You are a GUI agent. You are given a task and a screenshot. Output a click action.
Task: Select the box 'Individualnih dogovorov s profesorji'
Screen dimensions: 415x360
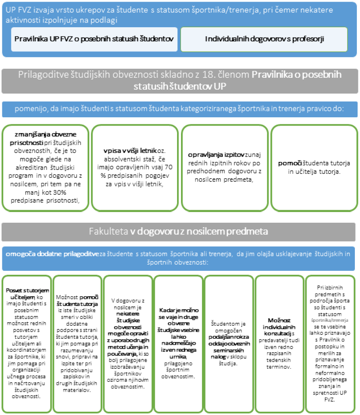pos(264,39)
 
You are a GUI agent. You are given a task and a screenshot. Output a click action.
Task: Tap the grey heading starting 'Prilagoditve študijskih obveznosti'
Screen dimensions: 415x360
pos(180,81)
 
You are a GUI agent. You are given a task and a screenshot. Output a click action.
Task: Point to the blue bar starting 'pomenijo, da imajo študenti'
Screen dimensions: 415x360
pos(180,109)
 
